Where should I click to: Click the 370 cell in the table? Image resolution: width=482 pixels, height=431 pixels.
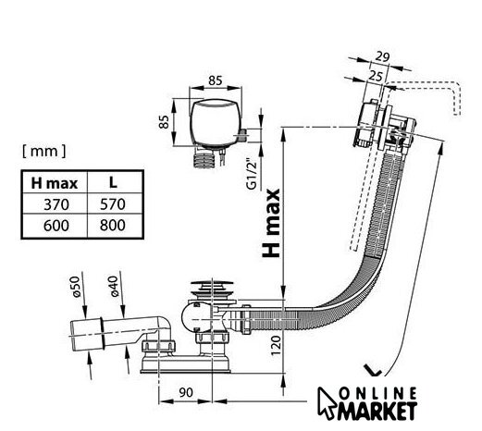pos(56,204)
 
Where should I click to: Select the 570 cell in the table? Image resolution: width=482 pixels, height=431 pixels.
pos(113,204)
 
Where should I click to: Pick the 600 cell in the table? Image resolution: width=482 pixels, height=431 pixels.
pos(56,226)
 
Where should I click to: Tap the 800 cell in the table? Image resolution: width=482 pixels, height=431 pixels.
pos(113,226)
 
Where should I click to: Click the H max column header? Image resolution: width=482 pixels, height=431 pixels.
pos(55,183)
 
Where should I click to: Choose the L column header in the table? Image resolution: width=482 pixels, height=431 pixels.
pos(113,183)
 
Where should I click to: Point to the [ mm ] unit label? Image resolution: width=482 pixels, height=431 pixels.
pos(44,151)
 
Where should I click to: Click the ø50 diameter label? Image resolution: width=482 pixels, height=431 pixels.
pos(76,287)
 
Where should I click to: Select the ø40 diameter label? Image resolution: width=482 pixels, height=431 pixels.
pos(114,286)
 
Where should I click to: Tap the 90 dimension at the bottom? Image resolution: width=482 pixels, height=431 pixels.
pos(186,392)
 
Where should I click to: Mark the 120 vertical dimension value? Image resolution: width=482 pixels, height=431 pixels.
pos(276,345)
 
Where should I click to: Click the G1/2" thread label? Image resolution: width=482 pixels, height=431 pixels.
pos(252,175)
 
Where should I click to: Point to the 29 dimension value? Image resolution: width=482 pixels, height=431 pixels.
pos(383,57)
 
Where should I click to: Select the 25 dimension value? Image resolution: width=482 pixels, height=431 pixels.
pos(376,76)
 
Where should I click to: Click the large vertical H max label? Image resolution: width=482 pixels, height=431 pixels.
pos(271,223)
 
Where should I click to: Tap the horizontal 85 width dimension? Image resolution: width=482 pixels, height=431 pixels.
pos(215,80)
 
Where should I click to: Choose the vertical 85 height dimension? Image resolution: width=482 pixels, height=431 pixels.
pos(164,122)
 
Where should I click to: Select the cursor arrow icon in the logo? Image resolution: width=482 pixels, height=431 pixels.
pos(327,402)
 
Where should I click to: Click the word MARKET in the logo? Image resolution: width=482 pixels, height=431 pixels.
pos(377,411)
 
